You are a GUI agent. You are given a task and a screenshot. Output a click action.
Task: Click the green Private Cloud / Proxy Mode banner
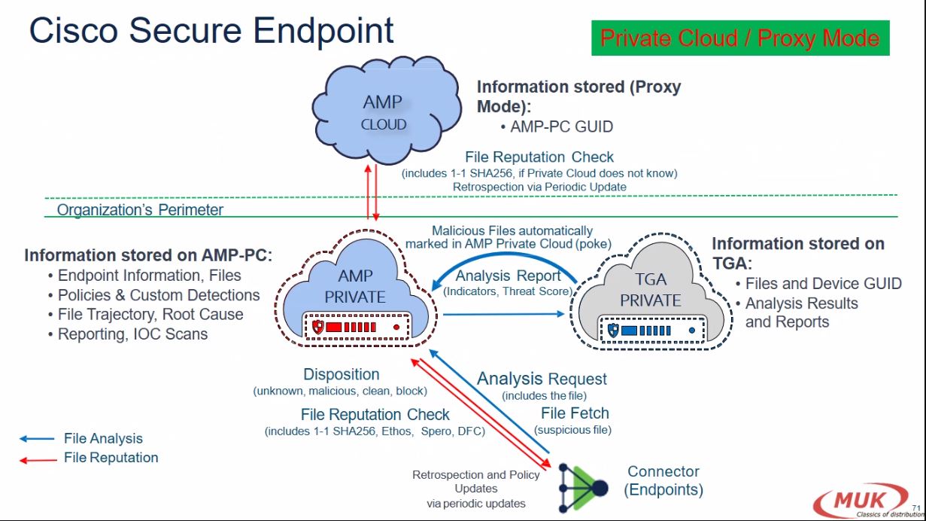[739, 38]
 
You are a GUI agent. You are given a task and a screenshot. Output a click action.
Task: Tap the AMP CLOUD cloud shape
[384, 111]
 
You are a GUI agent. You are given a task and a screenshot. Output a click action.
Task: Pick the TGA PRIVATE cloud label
[651, 289]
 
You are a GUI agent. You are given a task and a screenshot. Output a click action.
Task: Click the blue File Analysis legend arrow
[38, 439]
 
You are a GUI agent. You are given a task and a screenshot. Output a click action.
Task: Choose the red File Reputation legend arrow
[38, 459]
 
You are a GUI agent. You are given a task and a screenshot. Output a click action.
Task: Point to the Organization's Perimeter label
[140, 210]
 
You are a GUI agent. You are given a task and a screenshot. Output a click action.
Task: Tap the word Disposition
[342, 374]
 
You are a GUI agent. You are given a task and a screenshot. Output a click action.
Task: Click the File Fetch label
[575, 413]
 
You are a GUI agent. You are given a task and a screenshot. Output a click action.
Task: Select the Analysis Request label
[542, 379]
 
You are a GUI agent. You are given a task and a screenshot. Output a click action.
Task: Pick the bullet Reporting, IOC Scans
[132, 334]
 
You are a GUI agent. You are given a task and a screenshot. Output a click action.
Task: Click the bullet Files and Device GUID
[823, 284]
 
